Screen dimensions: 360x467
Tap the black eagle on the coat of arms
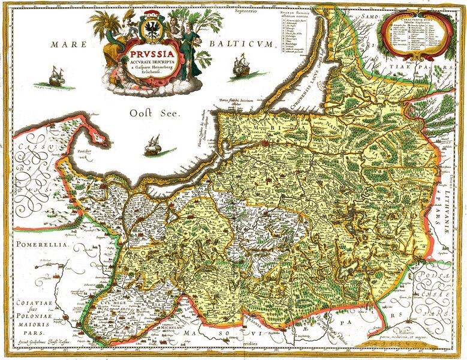pos(150,28)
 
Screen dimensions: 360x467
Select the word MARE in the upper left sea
pos(67,44)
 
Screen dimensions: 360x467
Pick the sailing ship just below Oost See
pos(153,144)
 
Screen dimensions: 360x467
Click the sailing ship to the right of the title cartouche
pos(241,64)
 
